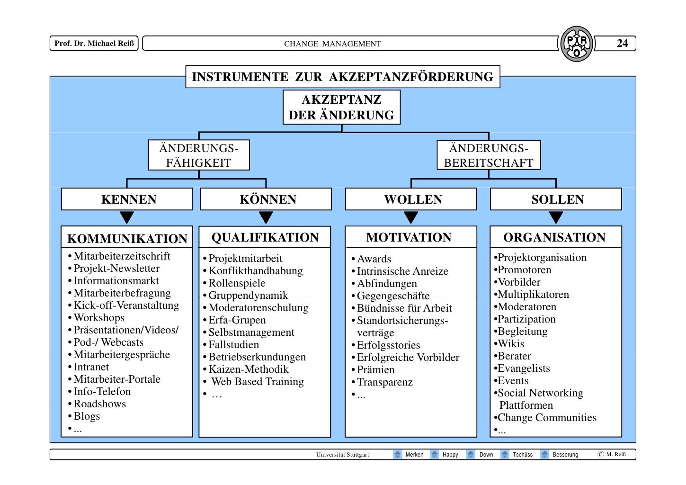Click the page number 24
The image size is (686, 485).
622,43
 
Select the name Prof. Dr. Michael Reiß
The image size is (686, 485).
94,43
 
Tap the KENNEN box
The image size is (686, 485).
127,199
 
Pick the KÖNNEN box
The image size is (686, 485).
266,199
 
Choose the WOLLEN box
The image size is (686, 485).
411,199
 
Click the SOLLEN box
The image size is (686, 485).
556,199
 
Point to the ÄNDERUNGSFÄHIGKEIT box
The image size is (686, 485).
199,155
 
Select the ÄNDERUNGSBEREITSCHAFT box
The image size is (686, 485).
489,155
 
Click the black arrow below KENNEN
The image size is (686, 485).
127,217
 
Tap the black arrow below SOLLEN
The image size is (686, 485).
556,217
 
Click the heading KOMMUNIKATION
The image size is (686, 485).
127,238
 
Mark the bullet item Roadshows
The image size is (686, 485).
100,404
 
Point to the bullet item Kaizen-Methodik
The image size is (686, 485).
249,369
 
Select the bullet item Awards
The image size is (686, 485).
374,259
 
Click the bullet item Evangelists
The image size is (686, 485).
524,368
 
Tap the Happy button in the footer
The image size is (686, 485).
450,455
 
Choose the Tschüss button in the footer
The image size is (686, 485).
522,455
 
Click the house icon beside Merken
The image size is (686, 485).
398,454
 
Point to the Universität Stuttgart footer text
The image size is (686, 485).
342,455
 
